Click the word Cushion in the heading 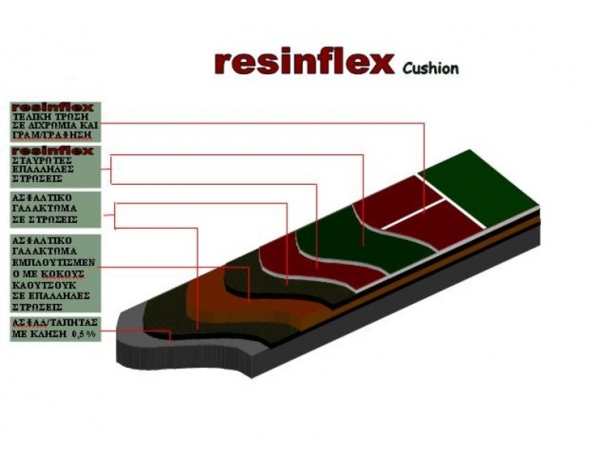pyautogui.click(x=431, y=69)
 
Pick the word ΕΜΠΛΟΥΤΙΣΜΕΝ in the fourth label pyautogui.click(x=56, y=262)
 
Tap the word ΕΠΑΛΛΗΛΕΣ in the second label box pyautogui.click(x=51, y=171)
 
